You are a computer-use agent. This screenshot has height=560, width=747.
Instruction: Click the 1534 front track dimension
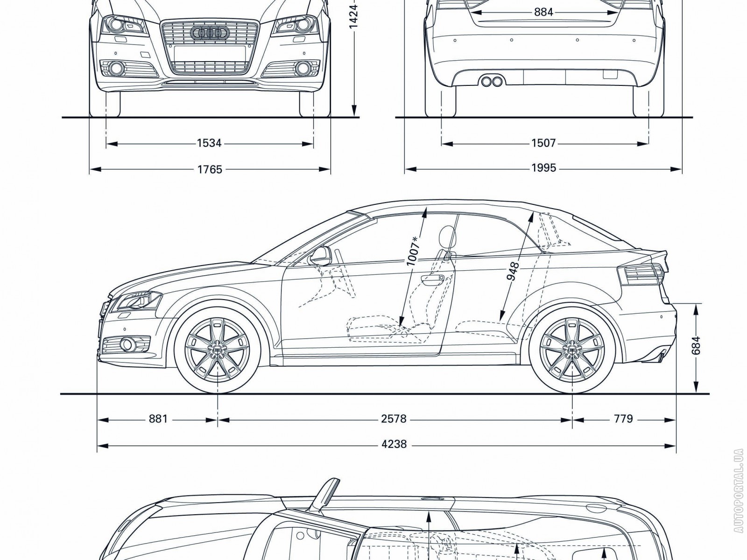point(209,143)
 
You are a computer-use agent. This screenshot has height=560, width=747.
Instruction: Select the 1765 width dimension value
point(210,169)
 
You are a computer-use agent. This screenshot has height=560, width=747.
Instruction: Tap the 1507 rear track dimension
point(543,143)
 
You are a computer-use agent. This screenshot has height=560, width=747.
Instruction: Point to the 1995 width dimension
point(543,168)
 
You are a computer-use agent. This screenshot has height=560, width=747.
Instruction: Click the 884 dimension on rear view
point(543,12)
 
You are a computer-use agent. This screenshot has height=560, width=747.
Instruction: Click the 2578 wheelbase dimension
point(394,419)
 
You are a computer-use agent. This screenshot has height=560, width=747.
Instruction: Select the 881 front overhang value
point(158,419)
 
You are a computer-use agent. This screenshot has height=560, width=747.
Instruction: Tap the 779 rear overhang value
point(624,419)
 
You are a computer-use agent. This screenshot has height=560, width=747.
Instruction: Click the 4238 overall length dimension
point(394,444)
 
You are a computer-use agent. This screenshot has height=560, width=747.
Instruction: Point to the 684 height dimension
point(696,346)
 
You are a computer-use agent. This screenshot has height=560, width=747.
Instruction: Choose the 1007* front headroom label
point(413,252)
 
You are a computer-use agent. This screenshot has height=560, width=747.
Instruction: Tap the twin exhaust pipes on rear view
point(492,82)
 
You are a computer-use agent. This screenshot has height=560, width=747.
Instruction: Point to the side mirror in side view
point(320,254)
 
